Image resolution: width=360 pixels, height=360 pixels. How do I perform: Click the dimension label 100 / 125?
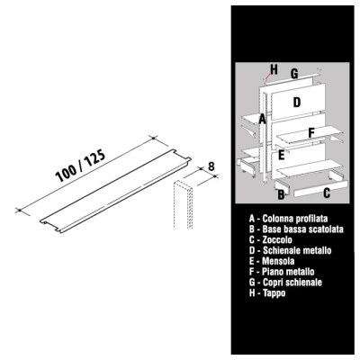(81, 166)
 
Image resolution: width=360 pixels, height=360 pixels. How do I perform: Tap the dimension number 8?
(211, 166)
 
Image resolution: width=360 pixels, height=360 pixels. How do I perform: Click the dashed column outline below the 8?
(183, 204)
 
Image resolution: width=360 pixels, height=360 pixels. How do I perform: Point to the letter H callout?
(274, 69)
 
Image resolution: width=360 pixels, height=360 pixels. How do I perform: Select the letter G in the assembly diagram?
(294, 74)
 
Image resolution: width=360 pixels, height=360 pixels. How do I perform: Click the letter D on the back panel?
(296, 103)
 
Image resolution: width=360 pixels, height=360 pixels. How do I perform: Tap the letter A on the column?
(263, 119)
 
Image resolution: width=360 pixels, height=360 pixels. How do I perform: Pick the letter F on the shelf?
(311, 133)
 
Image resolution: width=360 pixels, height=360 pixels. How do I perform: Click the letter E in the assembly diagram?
(281, 155)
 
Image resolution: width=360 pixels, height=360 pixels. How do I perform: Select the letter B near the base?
(281, 194)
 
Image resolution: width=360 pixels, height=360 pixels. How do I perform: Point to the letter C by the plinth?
(327, 193)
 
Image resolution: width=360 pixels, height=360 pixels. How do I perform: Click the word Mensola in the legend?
(278, 261)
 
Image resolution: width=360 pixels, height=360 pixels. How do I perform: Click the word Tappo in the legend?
(274, 292)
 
